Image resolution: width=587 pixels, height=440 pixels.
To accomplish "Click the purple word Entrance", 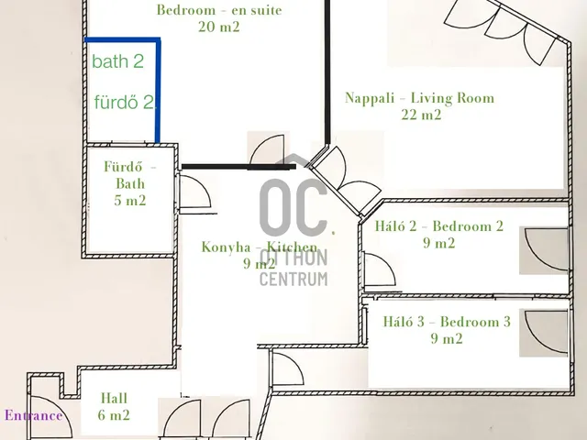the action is coord(33,415).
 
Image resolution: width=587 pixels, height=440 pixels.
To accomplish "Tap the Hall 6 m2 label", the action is coord(114,406).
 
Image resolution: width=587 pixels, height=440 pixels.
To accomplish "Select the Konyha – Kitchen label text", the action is coord(260,247).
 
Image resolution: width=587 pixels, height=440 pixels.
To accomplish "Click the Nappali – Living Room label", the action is coord(419,98).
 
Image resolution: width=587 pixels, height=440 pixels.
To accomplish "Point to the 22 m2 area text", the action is coord(421,115).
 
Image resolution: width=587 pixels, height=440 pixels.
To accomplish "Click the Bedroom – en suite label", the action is coord(219,10).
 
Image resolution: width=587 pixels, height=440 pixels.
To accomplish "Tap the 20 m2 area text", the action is coord(219,27).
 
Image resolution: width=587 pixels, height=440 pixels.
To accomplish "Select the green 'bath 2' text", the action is coord(118,61).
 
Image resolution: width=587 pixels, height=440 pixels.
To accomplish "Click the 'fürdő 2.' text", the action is coord(125,102).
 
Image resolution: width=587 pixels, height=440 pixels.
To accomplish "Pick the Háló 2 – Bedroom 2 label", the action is coord(439,226).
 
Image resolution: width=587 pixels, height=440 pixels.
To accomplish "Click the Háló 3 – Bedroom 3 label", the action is coord(447,322).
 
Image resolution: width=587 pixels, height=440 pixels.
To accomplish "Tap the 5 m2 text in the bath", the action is coord(130,201).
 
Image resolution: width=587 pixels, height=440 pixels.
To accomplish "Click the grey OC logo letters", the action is coord(293,208).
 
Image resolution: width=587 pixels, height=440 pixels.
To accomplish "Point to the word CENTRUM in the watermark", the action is coord(293,279).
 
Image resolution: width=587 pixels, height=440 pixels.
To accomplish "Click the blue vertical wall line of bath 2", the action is coord(158,90).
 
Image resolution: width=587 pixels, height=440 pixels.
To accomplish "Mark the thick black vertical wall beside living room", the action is coord(327,71).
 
